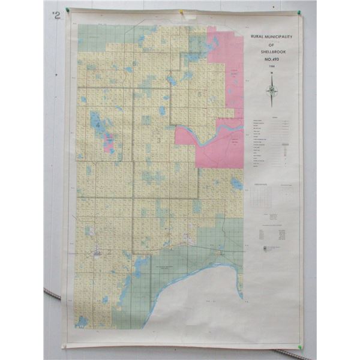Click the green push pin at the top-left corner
[68, 10]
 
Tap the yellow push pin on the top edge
[181, 11]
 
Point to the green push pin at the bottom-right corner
[299, 346]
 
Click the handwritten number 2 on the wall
[57, 16]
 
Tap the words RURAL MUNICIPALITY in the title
[272, 37]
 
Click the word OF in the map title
[272, 43]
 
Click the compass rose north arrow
[272, 90]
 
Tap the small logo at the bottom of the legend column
[265, 248]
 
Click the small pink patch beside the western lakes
[109, 143]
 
